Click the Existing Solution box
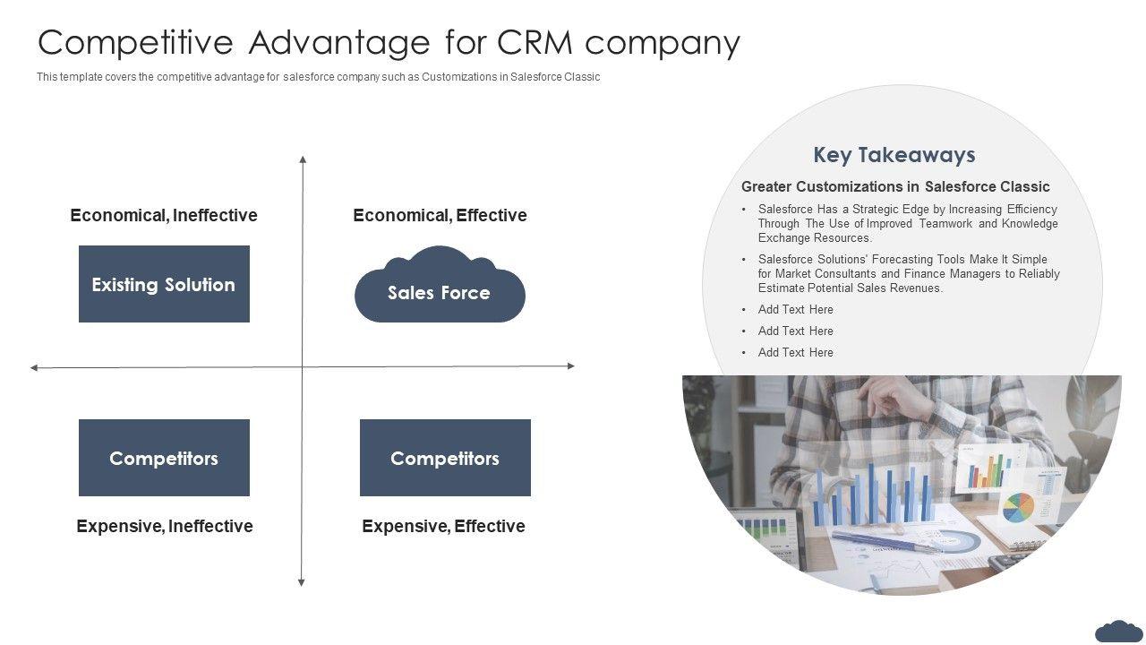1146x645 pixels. click(164, 284)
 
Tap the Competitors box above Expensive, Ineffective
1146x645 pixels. click(164, 458)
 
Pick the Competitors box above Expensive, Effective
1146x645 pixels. click(445, 458)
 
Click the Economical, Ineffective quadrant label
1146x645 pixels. click(164, 215)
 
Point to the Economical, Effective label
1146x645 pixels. click(440, 215)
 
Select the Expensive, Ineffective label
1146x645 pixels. click(165, 526)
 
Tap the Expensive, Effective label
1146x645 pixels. click(443, 526)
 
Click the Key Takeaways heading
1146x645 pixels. click(894, 155)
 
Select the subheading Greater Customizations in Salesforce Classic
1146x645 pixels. click(895, 186)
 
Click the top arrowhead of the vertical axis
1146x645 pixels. click(303, 159)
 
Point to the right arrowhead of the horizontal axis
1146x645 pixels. click(570, 365)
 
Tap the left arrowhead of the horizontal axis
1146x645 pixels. click(34, 367)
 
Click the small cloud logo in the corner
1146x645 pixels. click(1118, 631)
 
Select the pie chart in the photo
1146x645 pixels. click(1018, 507)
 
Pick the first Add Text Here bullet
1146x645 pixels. click(795, 309)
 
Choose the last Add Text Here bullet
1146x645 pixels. click(795, 352)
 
